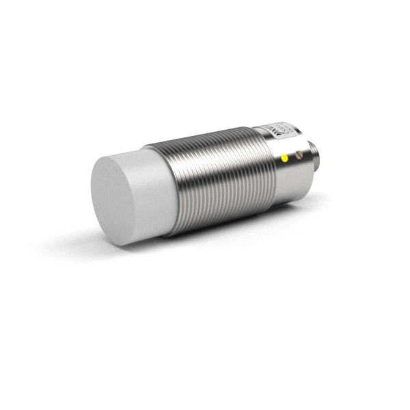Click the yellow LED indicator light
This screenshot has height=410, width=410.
[x=284, y=159]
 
